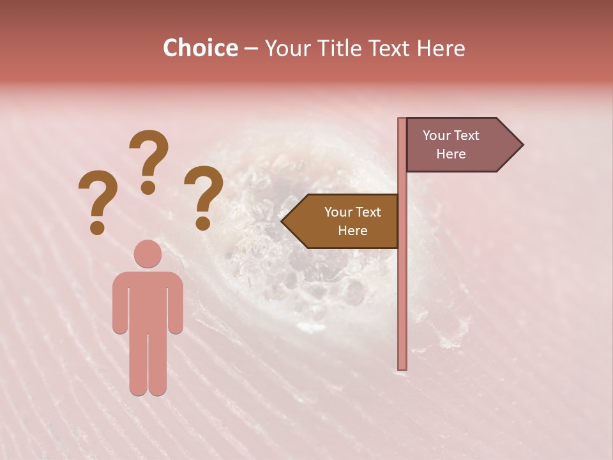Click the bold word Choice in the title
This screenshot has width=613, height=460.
200,49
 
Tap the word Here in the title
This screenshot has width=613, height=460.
441,49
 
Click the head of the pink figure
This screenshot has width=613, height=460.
148,254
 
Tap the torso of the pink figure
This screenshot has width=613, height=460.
148,300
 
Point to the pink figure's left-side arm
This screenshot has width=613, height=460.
119,303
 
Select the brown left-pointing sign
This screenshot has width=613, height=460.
345,221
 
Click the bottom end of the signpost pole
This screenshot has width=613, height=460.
402,367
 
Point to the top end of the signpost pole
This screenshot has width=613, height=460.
402,121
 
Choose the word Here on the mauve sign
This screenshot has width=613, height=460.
451,154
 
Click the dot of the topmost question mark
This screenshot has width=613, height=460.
148,187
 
